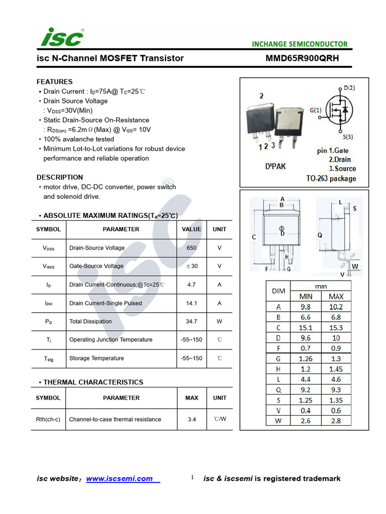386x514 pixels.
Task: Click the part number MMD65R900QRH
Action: pyautogui.click(x=302, y=58)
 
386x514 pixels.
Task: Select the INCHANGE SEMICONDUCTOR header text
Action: pyautogui.click(x=300, y=44)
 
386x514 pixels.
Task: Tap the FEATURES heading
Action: pyautogui.click(x=54, y=82)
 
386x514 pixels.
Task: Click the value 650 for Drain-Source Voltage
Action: pyautogui.click(x=191, y=248)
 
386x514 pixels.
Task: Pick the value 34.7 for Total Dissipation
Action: pyautogui.click(x=191, y=321)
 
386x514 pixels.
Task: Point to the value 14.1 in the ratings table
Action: pyautogui.click(x=191, y=303)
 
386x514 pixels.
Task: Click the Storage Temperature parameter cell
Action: pyautogui.click(x=96, y=358)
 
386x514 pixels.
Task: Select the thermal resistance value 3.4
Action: pyautogui.click(x=191, y=419)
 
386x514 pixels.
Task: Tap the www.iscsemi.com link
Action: pyautogui.click(x=120, y=479)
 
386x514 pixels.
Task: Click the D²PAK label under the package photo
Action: pyautogui.click(x=275, y=166)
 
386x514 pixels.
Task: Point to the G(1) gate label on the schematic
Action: pyautogui.click(x=316, y=110)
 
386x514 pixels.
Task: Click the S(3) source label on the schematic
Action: pyautogui.click(x=348, y=137)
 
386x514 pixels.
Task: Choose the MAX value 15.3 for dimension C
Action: pyautogui.click(x=336, y=328)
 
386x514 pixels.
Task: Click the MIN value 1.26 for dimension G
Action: pyautogui.click(x=306, y=359)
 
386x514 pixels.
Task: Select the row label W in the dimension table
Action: pyautogui.click(x=278, y=421)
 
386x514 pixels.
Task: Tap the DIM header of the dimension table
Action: pyautogui.click(x=278, y=291)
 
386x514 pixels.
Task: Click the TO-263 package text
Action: pyautogui.click(x=331, y=179)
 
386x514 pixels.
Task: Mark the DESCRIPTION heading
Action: pyautogui.click(x=60, y=177)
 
